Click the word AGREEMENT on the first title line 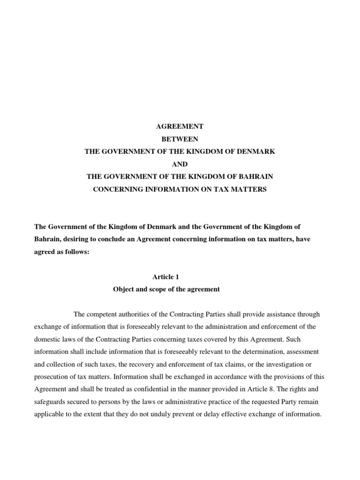180,127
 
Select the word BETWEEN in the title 180,139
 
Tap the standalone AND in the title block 180,165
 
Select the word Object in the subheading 124,289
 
